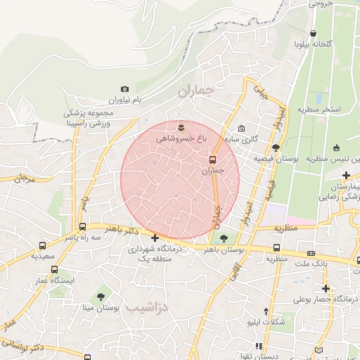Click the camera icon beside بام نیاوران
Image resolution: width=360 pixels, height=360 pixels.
pos(124,89)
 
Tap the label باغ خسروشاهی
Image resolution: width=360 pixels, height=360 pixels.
pos(181,140)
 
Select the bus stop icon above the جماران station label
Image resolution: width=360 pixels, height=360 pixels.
pos(212,159)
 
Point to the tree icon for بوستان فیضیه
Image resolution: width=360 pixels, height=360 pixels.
pos(276,148)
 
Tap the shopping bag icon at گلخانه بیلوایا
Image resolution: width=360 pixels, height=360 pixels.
pos(313,32)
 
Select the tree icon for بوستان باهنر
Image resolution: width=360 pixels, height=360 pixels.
pos(224,238)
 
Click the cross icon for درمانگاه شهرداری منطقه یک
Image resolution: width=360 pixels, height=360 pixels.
pos(155,238)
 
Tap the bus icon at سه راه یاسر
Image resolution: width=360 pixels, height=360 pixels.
pos(83,227)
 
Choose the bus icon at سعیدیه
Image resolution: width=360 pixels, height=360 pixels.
pos(43,246)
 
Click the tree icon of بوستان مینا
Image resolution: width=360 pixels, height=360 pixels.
pos(103,297)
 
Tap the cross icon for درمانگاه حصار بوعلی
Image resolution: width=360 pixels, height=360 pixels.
pos(326,288)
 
